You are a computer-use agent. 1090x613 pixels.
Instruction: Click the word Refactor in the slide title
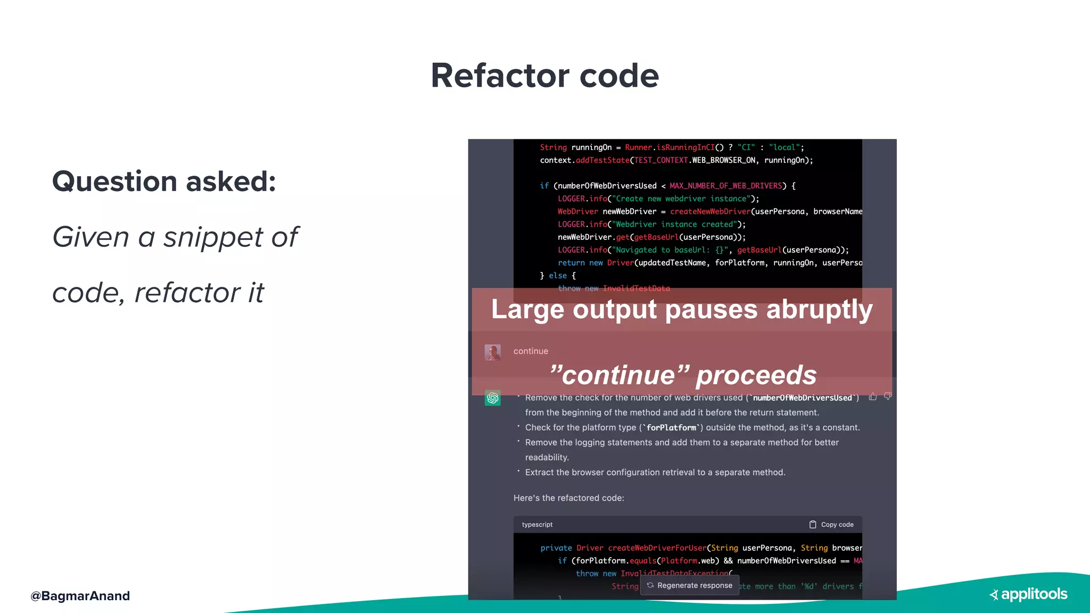point(499,76)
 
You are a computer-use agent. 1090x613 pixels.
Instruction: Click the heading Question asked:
point(164,181)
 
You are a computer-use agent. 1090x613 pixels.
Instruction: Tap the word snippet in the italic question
point(213,237)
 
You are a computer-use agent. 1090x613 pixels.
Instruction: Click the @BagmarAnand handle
point(80,596)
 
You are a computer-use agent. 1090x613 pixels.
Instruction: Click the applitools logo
point(1028,594)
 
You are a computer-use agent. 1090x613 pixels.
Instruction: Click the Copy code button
point(831,525)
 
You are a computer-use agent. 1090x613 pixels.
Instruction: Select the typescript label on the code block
point(537,525)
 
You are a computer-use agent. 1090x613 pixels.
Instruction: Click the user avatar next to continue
point(492,352)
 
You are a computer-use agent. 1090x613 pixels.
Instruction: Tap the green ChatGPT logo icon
point(492,397)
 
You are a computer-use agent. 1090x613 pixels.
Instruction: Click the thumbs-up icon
point(873,396)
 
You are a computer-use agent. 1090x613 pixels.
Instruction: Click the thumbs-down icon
point(888,396)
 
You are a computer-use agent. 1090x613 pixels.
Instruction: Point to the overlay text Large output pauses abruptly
point(681,310)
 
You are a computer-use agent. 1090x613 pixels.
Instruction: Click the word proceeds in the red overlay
point(756,375)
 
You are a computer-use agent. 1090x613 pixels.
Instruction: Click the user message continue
point(531,351)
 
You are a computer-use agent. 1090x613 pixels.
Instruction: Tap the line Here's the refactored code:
point(568,498)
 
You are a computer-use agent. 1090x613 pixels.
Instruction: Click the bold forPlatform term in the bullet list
point(671,428)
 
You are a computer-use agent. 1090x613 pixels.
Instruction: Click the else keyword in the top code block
point(557,276)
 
